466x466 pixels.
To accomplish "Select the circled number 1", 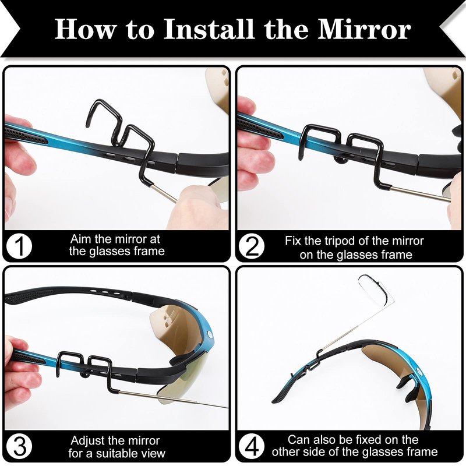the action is (19, 246).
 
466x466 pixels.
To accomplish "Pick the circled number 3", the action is (19, 446).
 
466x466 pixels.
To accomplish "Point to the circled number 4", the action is (252, 446).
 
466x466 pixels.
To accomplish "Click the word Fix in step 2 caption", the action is (292, 241).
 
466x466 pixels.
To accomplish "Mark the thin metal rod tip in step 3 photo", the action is (227, 407).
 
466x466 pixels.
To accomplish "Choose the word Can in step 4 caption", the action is (298, 440).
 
